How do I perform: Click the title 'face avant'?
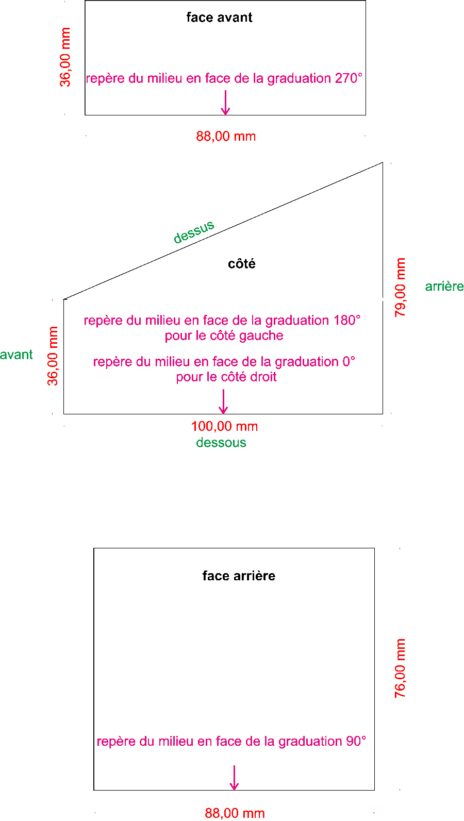tap(219, 18)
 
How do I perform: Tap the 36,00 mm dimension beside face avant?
tap(65, 57)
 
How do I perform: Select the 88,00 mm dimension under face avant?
tap(226, 137)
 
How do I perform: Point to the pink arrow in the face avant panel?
tap(225, 103)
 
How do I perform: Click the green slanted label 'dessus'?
tap(194, 232)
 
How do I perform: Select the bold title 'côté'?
tap(241, 264)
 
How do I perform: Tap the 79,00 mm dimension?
tap(401, 288)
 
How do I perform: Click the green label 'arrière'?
tap(444, 287)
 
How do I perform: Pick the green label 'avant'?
tap(16, 355)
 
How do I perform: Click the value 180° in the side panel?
tap(346, 321)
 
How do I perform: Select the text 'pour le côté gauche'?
tap(224, 336)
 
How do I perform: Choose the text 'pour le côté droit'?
tap(226, 377)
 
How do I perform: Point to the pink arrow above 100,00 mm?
tap(223, 402)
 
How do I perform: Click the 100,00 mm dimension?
tap(224, 427)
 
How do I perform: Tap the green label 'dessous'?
tap(221, 443)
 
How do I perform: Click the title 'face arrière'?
tap(239, 576)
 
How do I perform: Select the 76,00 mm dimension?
tap(401, 668)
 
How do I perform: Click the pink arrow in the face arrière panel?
tap(234, 778)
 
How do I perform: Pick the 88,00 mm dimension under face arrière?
tap(235, 813)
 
